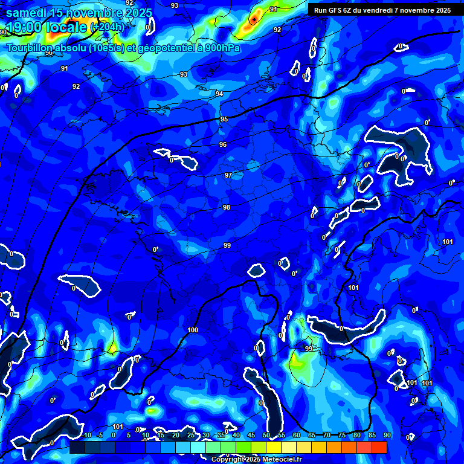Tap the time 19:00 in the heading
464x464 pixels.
[x=25, y=27]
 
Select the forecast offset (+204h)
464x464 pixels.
[x=107, y=27]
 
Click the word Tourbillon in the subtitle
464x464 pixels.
[x=30, y=48]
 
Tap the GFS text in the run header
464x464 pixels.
[x=337, y=10]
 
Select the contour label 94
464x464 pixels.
[x=219, y=94]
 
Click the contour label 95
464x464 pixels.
[x=224, y=119]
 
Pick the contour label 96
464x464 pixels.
[x=223, y=144]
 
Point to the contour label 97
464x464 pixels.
[x=228, y=175]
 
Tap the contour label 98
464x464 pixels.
[x=227, y=207]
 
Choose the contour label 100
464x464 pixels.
[x=193, y=330]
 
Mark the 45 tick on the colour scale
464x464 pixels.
[x=251, y=435]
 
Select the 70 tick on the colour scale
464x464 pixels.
[x=327, y=435]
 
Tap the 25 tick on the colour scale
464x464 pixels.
[x=190, y=435]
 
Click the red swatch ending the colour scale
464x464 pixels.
[x=379, y=447]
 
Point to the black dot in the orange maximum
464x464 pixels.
[x=254, y=19]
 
